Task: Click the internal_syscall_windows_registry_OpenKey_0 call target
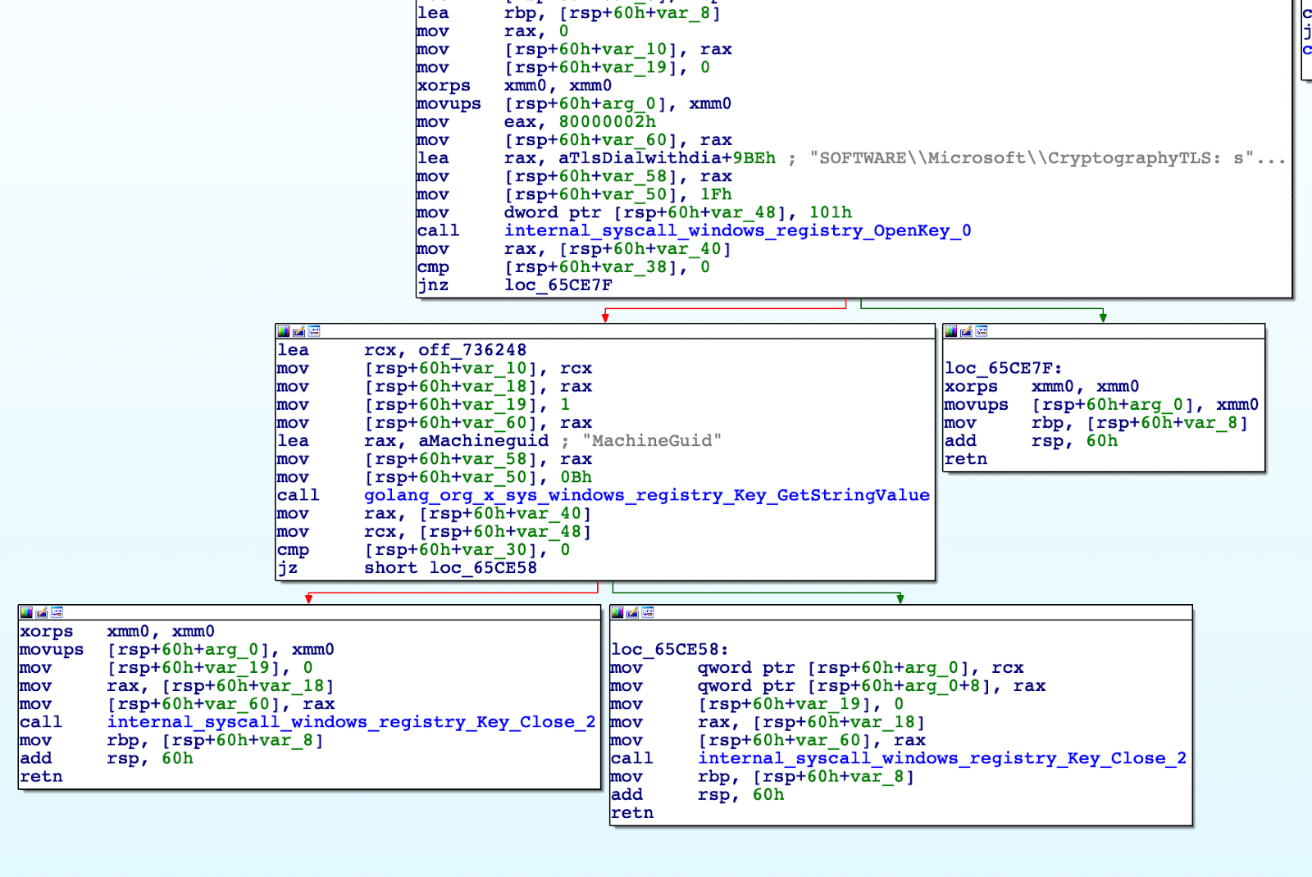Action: click(737, 230)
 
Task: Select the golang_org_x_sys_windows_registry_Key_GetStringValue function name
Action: click(647, 495)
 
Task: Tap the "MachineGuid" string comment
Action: click(652, 441)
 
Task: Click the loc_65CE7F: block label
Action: click(1003, 368)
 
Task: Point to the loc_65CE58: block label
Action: click(669, 649)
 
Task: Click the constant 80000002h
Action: click(607, 122)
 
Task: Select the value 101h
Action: click(830, 212)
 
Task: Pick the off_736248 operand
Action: click(471, 350)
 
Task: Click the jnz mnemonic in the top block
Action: click(433, 285)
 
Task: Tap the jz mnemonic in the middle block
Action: click(288, 568)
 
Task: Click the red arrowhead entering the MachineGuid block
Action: click(605, 318)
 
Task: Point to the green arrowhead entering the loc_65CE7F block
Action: click(1103, 318)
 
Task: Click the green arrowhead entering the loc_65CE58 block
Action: click(900, 599)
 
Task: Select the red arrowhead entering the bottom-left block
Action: click(308, 599)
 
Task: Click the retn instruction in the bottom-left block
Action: click(41, 776)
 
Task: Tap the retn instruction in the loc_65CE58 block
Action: click(632, 812)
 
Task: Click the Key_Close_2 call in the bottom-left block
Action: click(351, 722)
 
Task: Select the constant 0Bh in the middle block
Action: click(576, 477)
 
